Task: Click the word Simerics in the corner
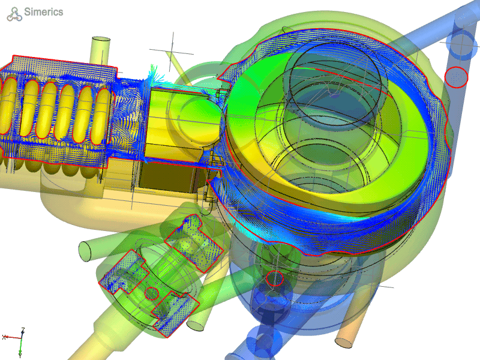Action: (43, 12)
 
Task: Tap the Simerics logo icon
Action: (14, 14)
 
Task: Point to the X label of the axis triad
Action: (4, 337)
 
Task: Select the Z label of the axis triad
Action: (23, 330)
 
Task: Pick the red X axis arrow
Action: (13, 338)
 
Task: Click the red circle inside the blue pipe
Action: (456, 77)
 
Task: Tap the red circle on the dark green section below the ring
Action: (275, 278)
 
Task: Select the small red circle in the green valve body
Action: (151, 293)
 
